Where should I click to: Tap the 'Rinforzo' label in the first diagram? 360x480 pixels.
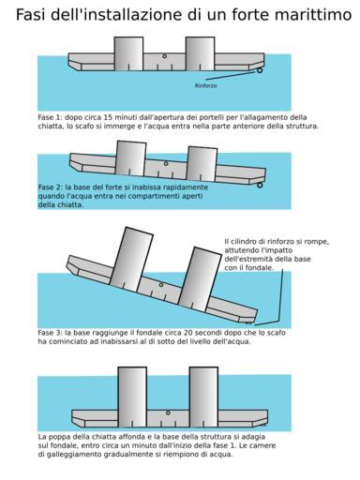[x=205, y=85]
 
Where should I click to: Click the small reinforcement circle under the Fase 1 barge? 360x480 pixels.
[x=260, y=70]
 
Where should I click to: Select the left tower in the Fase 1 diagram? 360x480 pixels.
[x=128, y=53]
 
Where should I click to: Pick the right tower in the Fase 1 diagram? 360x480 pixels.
[x=200, y=53]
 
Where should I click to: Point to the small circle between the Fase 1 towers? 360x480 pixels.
[x=164, y=56]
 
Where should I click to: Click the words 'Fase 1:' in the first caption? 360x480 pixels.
[x=50, y=117]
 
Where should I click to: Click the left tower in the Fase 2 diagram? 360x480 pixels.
[x=131, y=158]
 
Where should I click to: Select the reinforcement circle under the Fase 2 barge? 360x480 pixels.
[x=260, y=186]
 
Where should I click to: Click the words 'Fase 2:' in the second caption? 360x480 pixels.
[x=50, y=187]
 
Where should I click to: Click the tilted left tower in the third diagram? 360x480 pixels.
[x=131, y=259]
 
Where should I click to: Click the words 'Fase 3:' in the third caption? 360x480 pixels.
[x=50, y=333]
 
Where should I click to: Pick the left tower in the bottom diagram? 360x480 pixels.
[x=132, y=397]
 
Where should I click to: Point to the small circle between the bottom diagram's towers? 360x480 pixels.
[x=168, y=412]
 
